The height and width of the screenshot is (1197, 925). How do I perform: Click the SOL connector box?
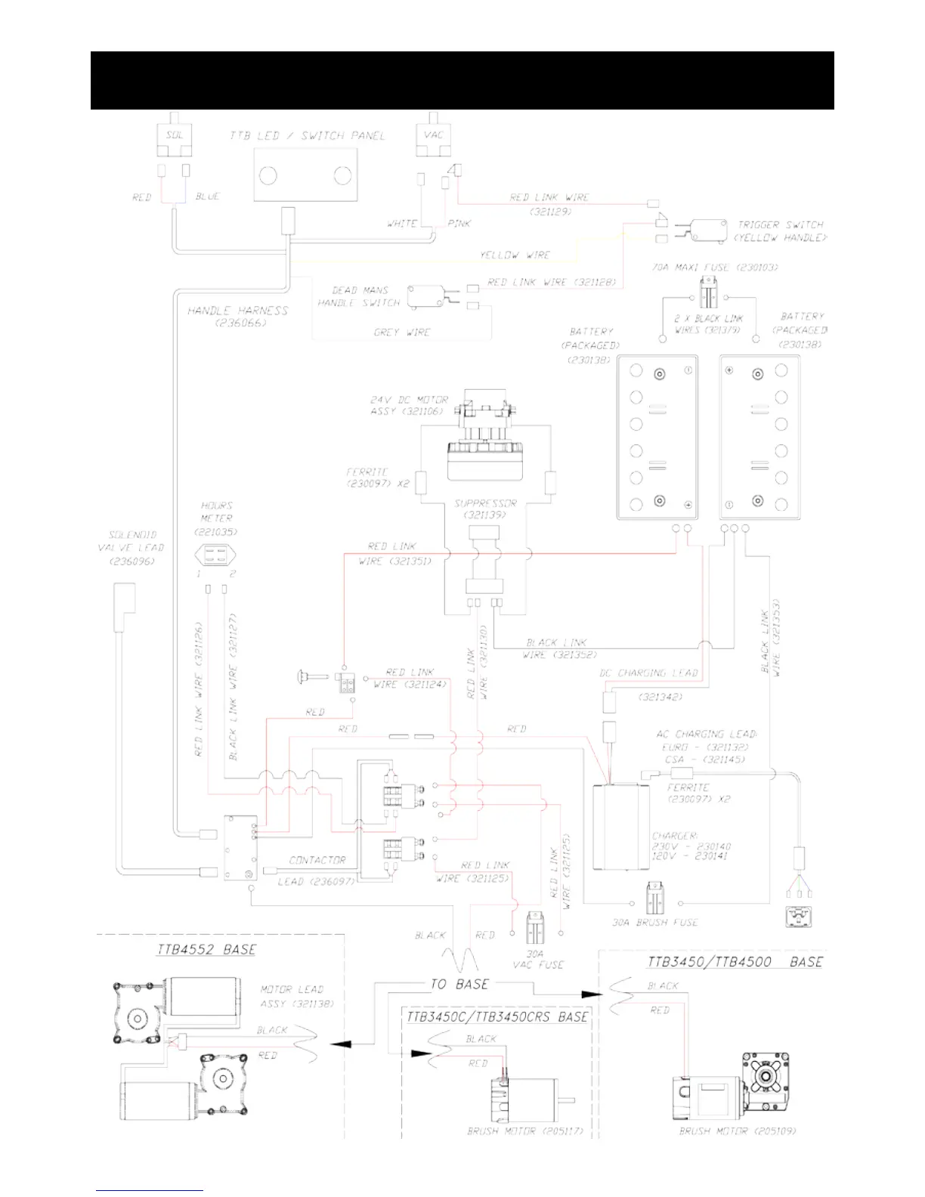coord(175,136)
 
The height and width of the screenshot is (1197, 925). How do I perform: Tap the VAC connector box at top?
coord(433,136)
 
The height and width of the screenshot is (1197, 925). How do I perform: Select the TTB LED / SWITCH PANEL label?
coord(308,136)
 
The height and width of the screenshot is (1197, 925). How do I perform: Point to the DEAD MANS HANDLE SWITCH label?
coord(359,296)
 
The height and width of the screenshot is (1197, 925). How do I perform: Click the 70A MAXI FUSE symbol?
coord(708,293)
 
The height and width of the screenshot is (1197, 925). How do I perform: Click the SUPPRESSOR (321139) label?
coord(485,509)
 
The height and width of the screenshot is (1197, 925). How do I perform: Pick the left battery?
coord(657,438)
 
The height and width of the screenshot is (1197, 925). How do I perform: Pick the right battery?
coord(759,438)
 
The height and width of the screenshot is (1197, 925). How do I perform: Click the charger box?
coord(620,827)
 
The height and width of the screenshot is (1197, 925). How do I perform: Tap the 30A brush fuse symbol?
coord(655,899)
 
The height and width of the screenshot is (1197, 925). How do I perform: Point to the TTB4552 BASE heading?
coord(206,949)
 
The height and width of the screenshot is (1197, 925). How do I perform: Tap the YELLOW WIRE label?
coord(515,255)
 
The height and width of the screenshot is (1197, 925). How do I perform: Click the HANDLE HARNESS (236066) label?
coord(238,316)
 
